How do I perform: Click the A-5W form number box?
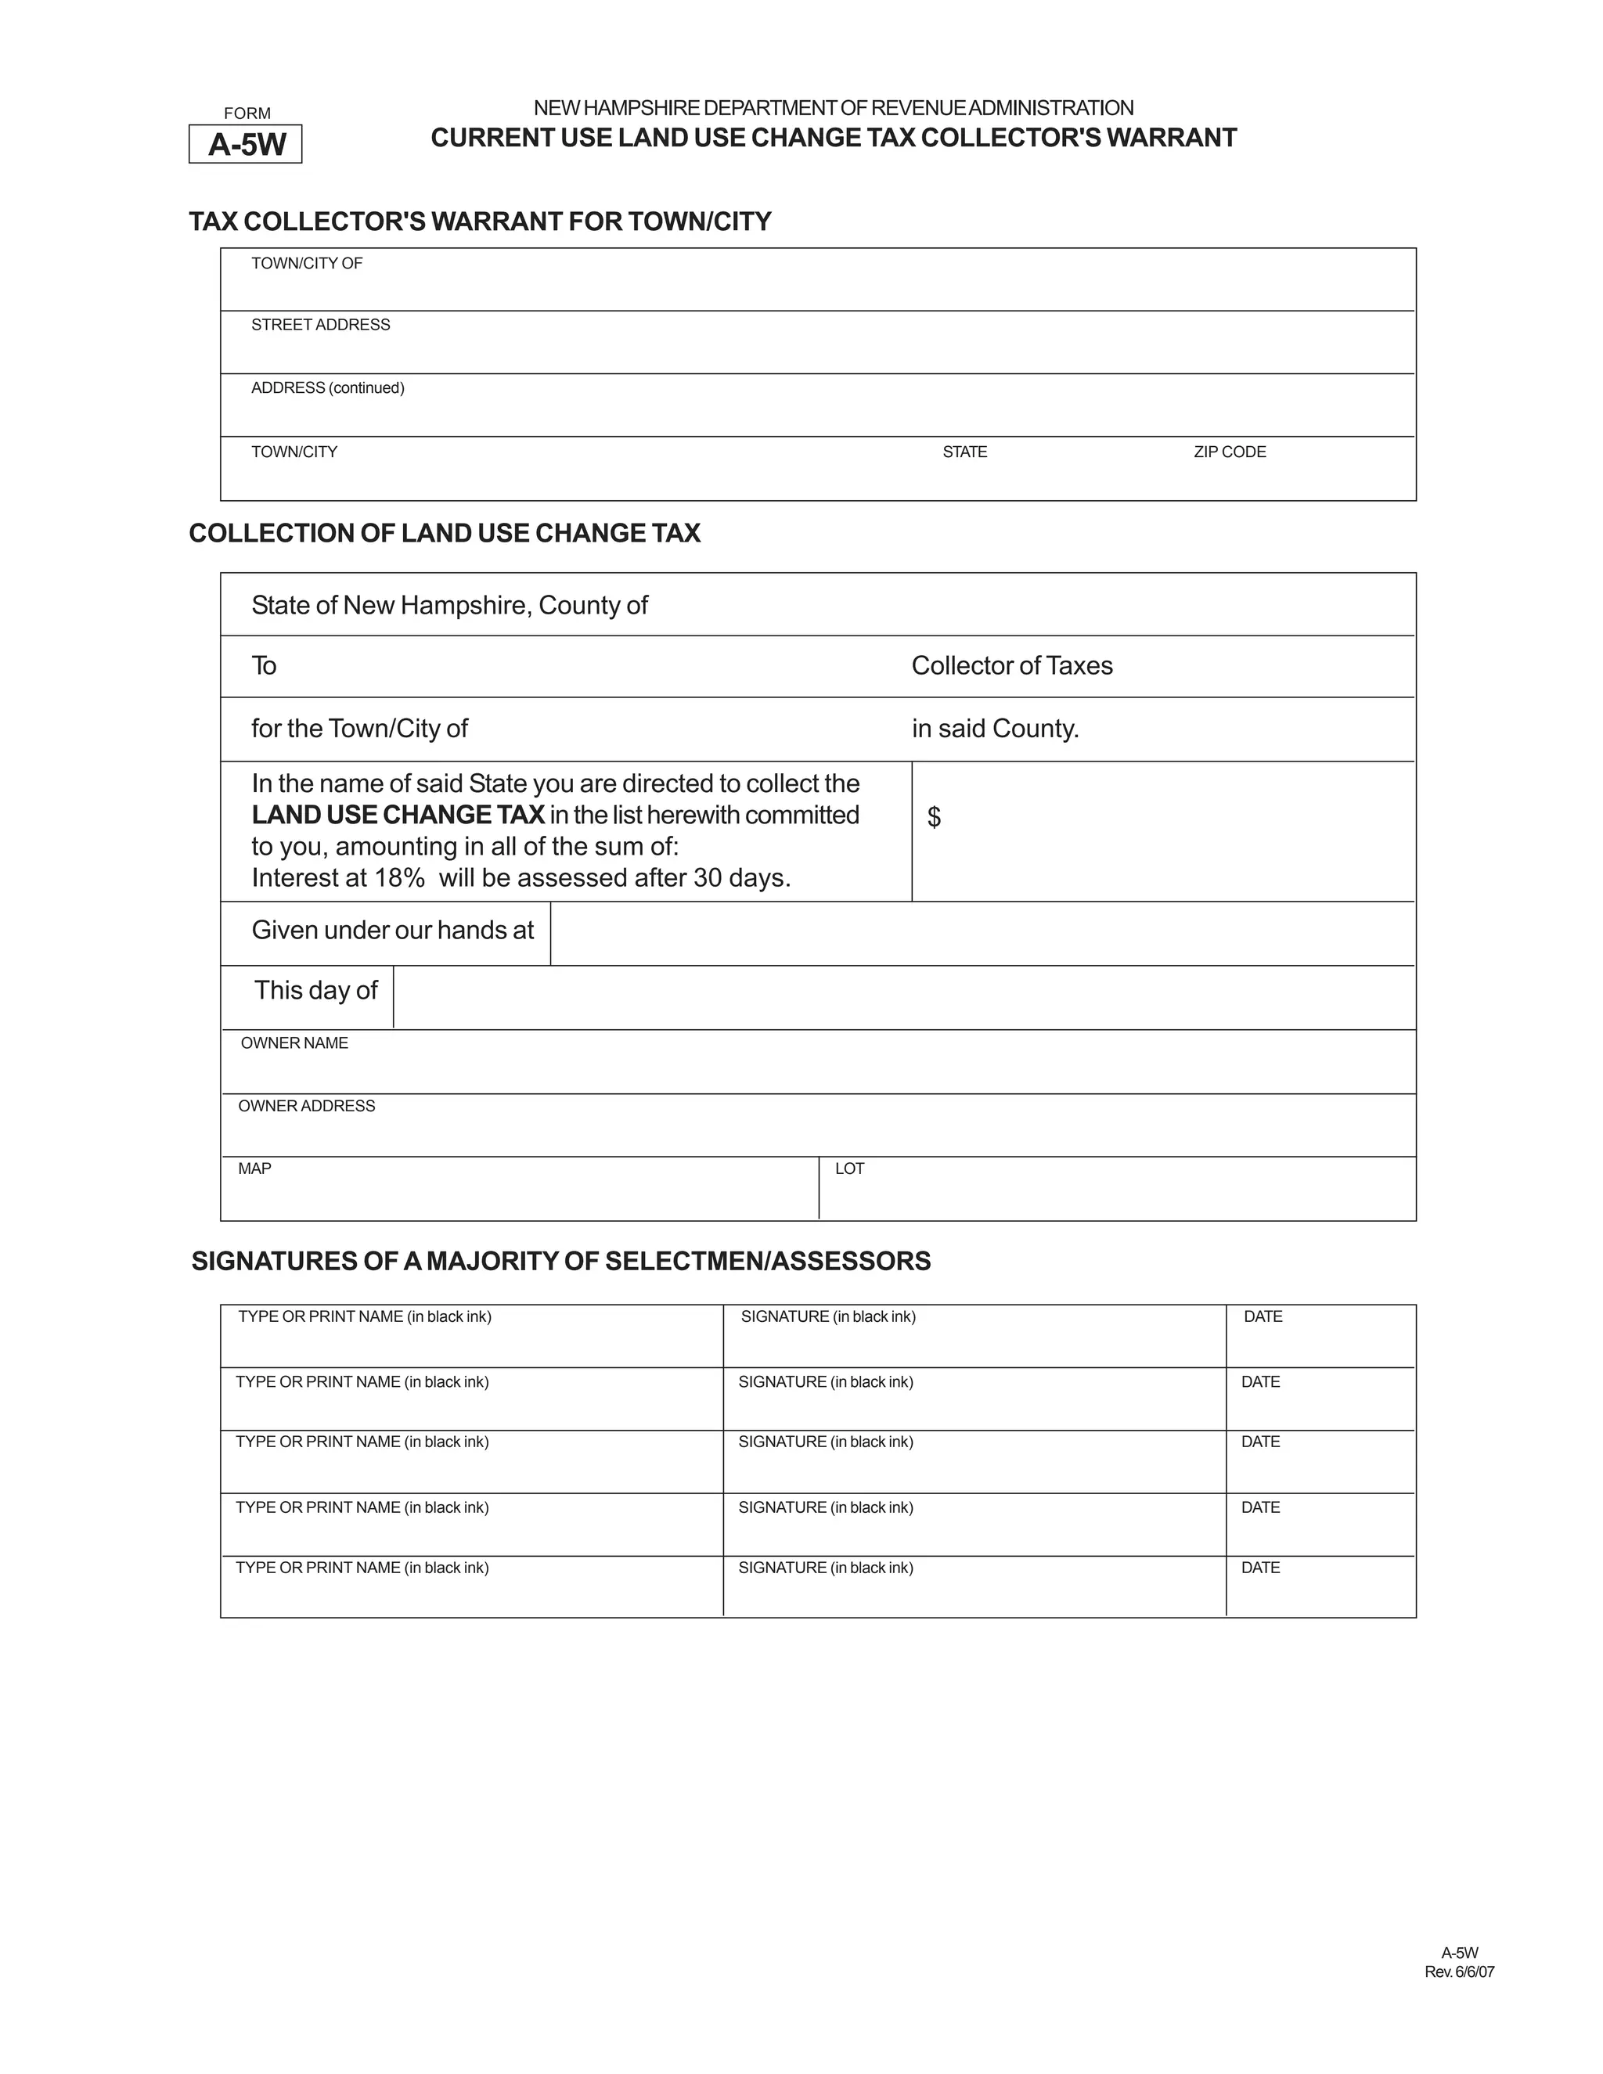[246, 144]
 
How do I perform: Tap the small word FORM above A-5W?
[247, 113]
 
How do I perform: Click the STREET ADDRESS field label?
[320, 325]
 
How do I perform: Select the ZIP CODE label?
[1229, 452]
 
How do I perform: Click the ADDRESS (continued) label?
[328, 387]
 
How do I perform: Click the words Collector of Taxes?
[1011, 666]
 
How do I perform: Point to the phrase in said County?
[996, 729]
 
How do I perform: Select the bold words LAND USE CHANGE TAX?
[398, 815]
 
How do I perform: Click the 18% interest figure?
[399, 877]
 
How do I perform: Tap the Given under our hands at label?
[392, 930]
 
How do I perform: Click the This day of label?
[315, 991]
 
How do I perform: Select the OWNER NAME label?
[294, 1042]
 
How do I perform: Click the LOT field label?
[849, 1169]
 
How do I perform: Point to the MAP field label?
[254, 1169]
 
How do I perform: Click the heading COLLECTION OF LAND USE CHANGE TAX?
[445, 534]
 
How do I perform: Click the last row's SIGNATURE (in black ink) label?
[825, 1568]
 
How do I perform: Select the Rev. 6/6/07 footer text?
[1459, 1972]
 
